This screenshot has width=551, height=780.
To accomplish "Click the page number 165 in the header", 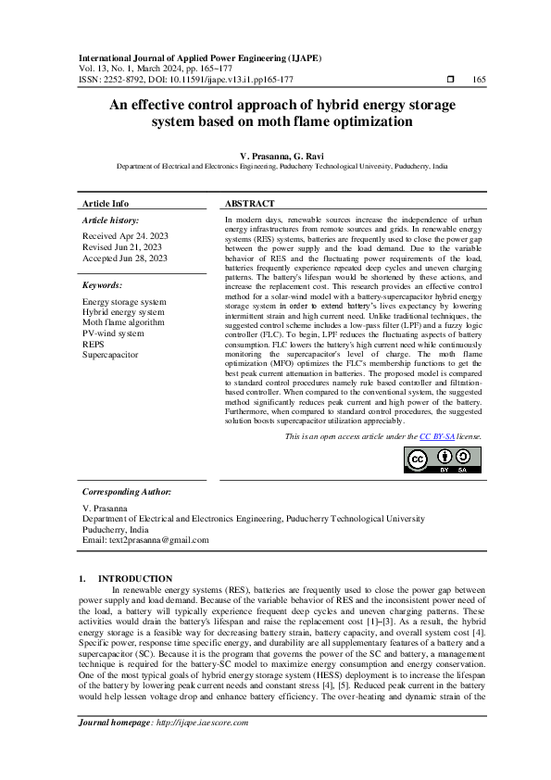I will (479, 80).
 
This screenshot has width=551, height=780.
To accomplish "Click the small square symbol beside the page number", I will (450, 80).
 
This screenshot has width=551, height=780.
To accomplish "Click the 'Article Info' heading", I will (106, 203).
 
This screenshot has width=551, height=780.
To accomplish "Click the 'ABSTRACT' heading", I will (250, 203).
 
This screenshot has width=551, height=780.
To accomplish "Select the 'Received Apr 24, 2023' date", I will (125, 237).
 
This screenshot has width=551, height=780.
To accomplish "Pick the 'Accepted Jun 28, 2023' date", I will (125, 258).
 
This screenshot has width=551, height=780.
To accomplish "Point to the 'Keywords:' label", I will (103, 285).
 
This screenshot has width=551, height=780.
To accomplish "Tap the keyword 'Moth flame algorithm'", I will (123, 322).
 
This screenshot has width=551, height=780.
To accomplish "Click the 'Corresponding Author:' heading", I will (127, 492).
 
